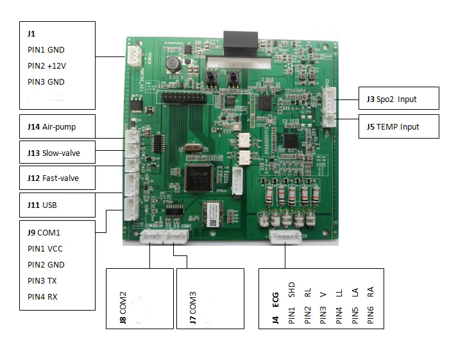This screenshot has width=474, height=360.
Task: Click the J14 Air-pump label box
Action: pos(58,127)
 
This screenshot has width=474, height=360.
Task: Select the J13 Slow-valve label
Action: pos(58,153)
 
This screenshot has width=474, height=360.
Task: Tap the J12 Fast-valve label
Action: pos(58,178)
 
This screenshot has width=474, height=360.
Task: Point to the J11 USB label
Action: pos(58,205)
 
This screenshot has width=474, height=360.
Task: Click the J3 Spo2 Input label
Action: pos(398,99)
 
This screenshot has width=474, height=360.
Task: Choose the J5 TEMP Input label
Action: pos(398,126)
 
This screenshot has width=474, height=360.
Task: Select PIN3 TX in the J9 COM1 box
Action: pos(45,280)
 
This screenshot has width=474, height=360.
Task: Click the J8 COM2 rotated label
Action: pos(123,309)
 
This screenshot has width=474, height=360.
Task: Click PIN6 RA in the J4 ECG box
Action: pos(371,308)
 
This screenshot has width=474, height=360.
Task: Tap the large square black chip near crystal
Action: pos(196,178)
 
